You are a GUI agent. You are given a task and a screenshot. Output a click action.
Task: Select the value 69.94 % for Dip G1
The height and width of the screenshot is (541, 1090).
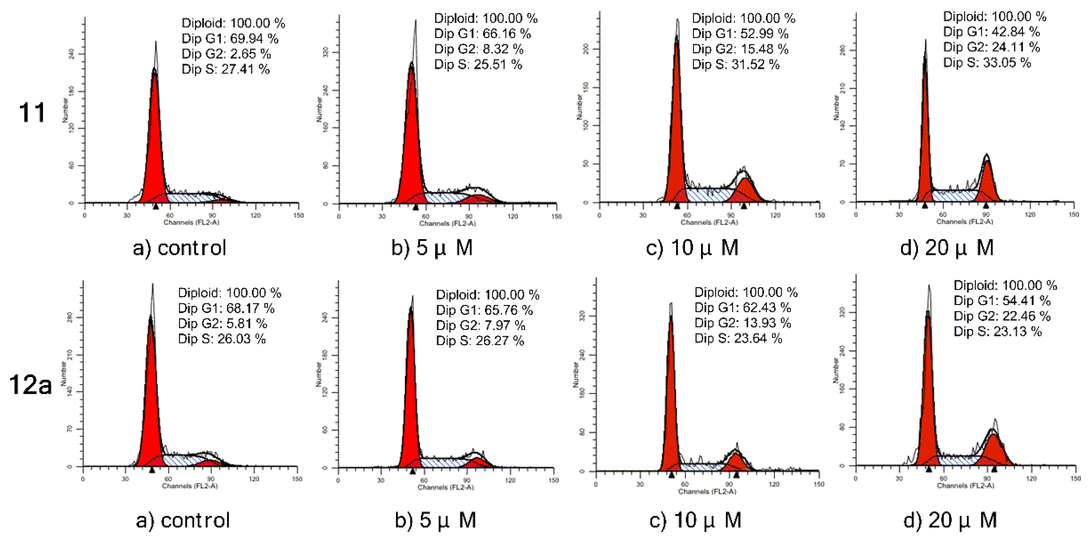click(254, 38)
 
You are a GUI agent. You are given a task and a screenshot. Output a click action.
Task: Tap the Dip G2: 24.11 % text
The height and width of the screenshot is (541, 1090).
click(991, 47)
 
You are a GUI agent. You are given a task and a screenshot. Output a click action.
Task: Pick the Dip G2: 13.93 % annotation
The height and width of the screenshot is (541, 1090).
click(742, 323)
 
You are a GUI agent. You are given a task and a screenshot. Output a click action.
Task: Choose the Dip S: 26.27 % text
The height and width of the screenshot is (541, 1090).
click(480, 341)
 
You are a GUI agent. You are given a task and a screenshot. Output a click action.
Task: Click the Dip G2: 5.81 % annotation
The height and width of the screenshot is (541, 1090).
click(223, 323)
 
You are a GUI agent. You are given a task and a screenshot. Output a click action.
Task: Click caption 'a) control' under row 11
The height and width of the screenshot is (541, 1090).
click(179, 248)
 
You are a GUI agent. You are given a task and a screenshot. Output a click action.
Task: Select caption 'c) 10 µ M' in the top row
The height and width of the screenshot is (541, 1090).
click(692, 248)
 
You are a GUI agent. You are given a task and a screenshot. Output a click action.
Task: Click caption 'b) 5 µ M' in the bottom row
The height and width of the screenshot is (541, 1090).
click(435, 520)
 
